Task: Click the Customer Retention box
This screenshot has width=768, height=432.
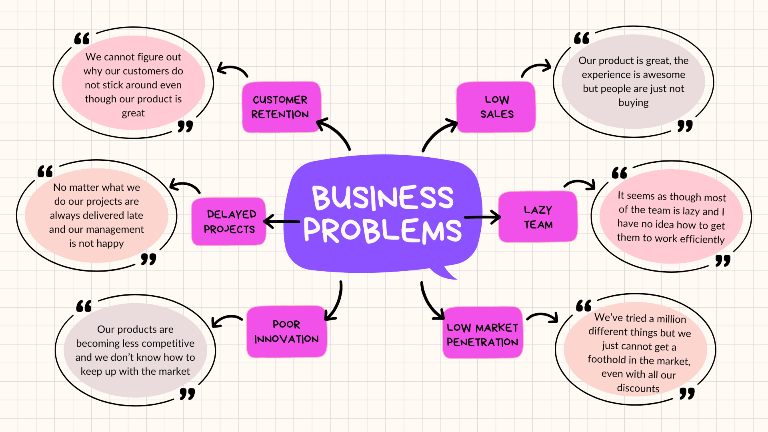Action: (x=280, y=107)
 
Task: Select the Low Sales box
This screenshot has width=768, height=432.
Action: (x=496, y=107)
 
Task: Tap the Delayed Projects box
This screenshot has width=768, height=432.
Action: (x=229, y=221)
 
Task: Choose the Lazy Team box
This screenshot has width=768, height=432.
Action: (x=538, y=217)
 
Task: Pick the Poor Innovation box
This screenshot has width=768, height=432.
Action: (x=286, y=332)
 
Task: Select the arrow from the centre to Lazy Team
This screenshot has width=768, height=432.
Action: (x=482, y=217)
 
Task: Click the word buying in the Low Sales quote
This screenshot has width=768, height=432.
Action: (x=633, y=103)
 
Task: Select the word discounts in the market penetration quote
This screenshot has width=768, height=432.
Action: (x=638, y=388)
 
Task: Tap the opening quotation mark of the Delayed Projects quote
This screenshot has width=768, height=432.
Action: (x=45, y=172)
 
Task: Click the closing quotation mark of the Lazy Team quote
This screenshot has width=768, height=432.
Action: (x=722, y=261)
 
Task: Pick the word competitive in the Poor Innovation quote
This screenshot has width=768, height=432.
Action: (x=169, y=343)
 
